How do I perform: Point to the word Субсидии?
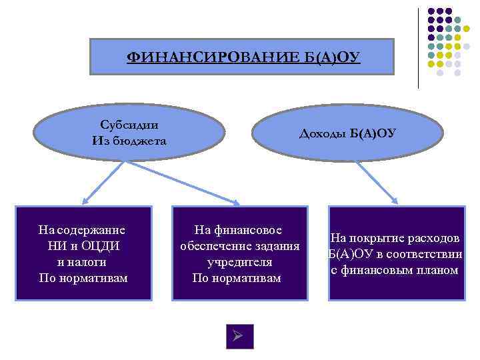[x=129, y=125]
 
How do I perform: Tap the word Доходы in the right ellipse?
[x=322, y=134]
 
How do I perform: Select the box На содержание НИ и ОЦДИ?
[x=83, y=253]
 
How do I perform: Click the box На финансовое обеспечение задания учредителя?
[x=240, y=253]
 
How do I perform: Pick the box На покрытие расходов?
[x=395, y=254]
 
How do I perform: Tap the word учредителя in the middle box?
[x=239, y=262]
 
